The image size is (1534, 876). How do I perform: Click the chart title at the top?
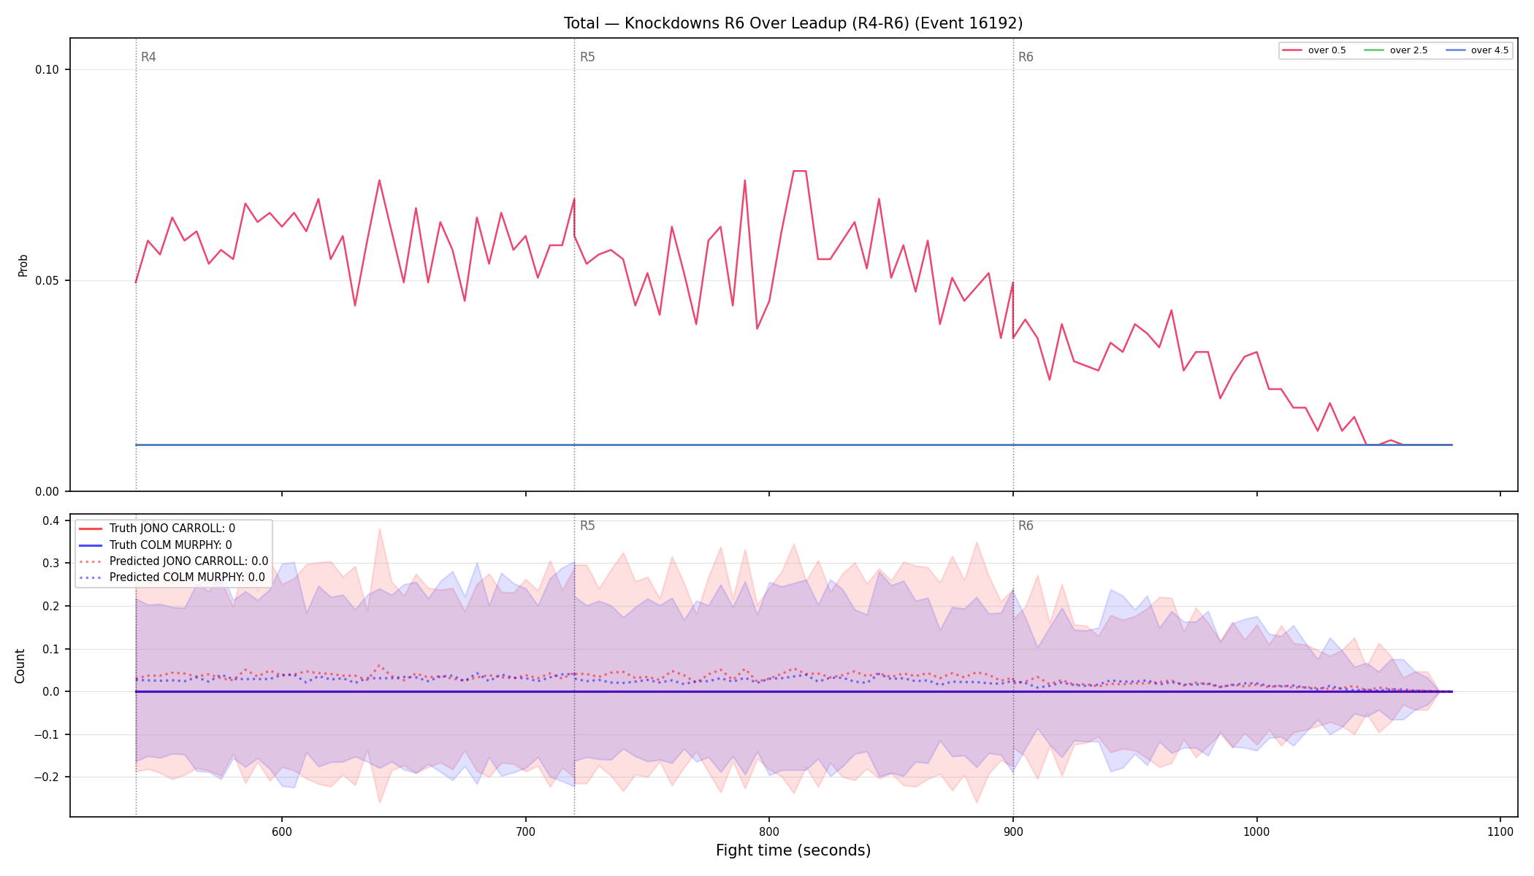(793, 23)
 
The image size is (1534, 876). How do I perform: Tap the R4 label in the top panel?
(148, 57)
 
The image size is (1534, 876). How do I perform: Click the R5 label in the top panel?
(587, 57)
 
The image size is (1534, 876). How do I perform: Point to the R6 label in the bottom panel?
(1026, 526)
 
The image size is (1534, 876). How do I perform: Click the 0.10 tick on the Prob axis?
(47, 70)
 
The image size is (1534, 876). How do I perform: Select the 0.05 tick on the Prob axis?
(47, 281)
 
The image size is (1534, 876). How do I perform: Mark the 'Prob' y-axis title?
(23, 265)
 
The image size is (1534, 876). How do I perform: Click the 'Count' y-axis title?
(20, 666)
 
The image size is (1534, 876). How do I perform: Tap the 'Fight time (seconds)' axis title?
(793, 850)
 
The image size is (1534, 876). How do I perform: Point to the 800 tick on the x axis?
(769, 831)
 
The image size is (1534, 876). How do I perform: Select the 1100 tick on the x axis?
(1500, 831)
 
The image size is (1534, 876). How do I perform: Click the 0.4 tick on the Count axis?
(50, 520)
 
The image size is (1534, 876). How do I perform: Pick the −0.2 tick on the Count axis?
(47, 777)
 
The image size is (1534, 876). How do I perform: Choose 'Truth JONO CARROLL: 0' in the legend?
(172, 529)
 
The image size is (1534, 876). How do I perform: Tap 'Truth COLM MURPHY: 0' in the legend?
(171, 545)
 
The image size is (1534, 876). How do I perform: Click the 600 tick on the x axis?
(282, 831)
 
